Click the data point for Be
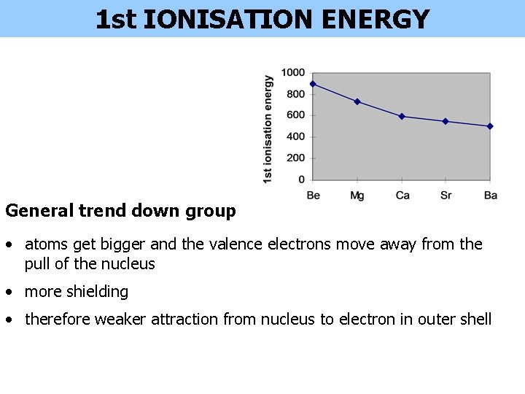click(x=313, y=84)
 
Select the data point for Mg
click(x=357, y=101)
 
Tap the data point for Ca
click(x=402, y=116)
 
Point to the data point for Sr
click(x=446, y=121)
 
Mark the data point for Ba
click(x=490, y=126)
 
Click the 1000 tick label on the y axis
click(x=293, y=72)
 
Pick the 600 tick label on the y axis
click(x=295, y=115)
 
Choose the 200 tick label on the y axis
click(x=295, y=158)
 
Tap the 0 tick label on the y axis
click(x=302, y=179)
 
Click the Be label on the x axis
click(x=314, y=196)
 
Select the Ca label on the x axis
click(x=402, y=196)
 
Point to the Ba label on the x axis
click(x=490, y=196)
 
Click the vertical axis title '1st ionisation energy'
click(x=268, y=129)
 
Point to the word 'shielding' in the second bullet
click(x=98, y=292)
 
